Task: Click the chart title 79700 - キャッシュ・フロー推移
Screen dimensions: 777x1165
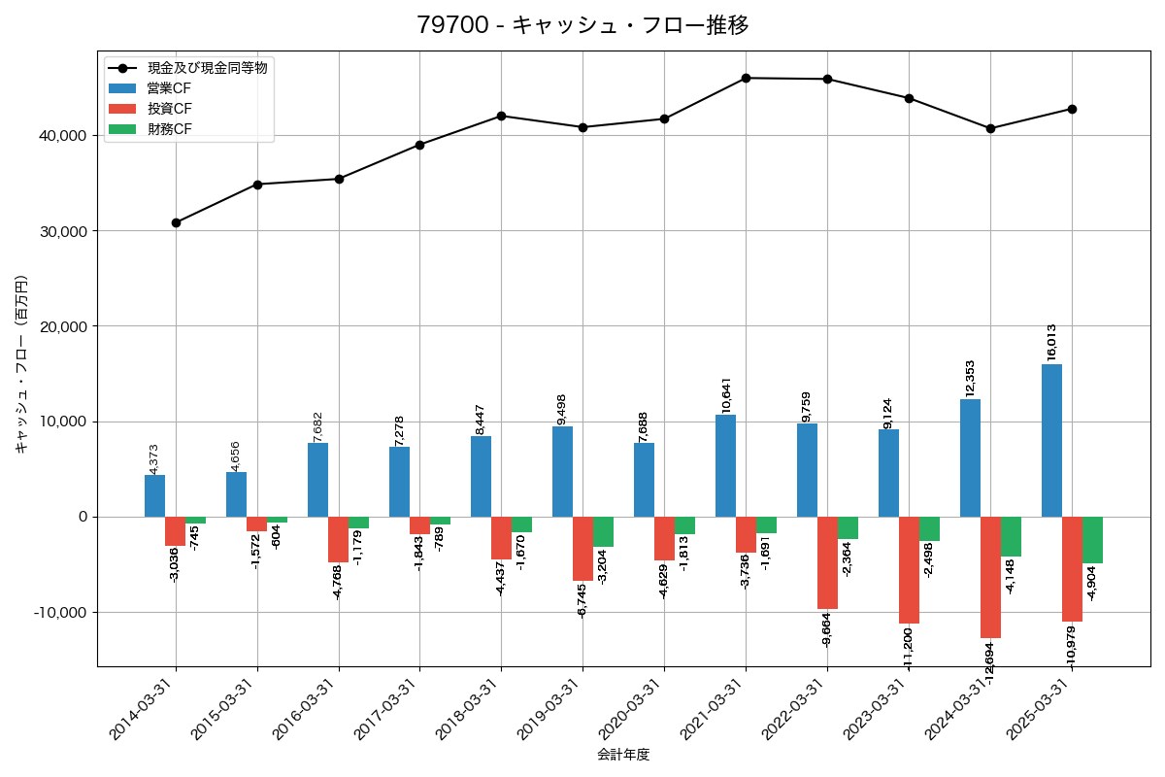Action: point(582,25)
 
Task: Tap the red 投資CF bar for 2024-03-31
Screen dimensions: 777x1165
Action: point(990,577)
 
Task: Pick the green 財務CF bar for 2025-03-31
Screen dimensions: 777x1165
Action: point(1092,540)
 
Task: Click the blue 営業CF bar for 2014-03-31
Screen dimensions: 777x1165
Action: point(155,495)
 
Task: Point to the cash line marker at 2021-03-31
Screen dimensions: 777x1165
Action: point(746,78)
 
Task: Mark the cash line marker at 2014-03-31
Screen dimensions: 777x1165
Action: point(176,222)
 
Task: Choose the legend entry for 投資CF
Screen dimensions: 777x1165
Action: point(169,108)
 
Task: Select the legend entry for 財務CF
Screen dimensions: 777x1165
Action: point(169,128)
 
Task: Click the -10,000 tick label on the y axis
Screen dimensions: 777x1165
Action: point(61,612)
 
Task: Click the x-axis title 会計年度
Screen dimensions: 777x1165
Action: point(623,755)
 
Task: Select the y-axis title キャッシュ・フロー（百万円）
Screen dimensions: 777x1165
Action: point(21,364)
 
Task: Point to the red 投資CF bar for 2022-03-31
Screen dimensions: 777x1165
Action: point(827,562)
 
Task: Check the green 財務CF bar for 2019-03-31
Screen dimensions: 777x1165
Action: point(603,532)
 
